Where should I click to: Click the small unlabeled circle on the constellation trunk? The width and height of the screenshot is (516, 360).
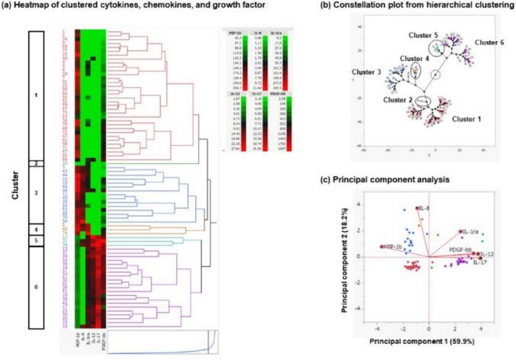pyautogui.click(x=434, y=75)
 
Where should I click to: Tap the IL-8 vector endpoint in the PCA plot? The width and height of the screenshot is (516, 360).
pyautogui.click(x=417, y=208)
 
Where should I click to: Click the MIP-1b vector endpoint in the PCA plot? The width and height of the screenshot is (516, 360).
pyautogui.click(x=382, y=246)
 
